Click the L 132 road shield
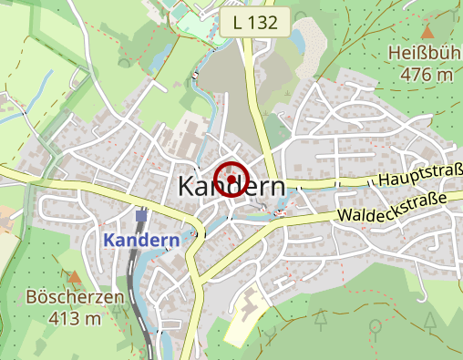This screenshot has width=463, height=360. pyautogui.click(x=255, y=21)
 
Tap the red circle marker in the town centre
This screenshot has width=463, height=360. pyautogui.click(x=232, y=179)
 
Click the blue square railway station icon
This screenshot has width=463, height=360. pyautogui.click(x=141, y=217)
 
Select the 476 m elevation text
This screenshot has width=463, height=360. pyautogui.click(x=426, y=75)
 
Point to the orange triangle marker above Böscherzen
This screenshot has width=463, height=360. pyautogui.click(x=75, y=275)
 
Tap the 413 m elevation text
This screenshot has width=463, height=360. pyautogui.click(x=75, y=318)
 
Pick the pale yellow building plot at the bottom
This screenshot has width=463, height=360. pyautogui.click(x=242, y=320)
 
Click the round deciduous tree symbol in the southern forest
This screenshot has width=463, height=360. pyautogui.click(x=374, y=324)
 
